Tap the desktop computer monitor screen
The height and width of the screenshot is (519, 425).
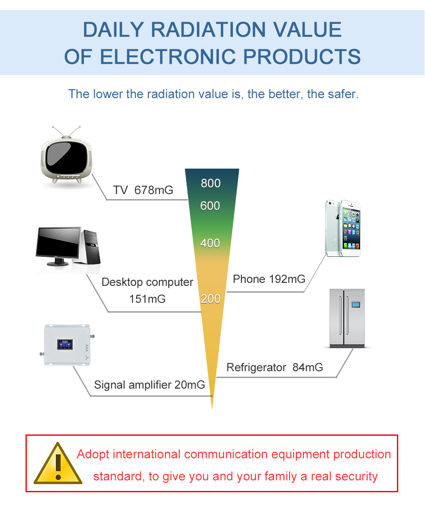coord(58,243)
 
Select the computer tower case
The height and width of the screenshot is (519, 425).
coord(92,247)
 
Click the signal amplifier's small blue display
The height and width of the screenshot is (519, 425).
coord(65,344)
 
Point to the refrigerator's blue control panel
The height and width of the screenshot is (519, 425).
coord(356,305)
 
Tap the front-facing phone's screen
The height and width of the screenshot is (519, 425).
coord(351,228)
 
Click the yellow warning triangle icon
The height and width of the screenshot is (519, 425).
coord(58,463)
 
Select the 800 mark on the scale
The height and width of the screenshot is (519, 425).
coord(210,183)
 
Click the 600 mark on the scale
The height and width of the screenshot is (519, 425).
coord(210,206)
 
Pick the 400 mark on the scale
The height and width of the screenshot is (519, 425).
coord(210,243)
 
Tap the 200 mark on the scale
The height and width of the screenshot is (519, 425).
coord(210,299)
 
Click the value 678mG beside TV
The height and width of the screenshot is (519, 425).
coord(154,190)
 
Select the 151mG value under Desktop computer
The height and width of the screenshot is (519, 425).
coord(147,299)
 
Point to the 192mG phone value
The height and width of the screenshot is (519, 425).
coord(287,279)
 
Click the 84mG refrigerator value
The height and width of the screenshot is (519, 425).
coord(308,367)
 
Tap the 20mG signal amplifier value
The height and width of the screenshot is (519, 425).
coord(190,385)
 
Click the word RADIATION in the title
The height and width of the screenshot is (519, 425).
coord(208,30)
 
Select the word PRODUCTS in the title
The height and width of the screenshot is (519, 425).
coord(302,56)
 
